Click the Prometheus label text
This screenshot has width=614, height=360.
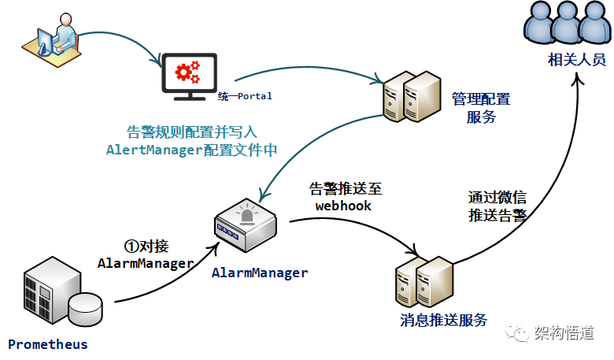[48, 344]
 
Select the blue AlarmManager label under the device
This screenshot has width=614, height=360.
[260, 273]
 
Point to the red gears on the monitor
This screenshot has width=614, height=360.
[187, 72]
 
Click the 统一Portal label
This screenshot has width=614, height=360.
[245, 96]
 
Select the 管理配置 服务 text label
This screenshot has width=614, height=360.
[480, 108]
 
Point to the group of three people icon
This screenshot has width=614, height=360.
[567, 24]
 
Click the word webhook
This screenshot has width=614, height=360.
[343, 206]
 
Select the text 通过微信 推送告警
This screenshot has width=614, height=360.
[497, 206]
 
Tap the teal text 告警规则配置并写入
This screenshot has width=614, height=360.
[192, 132]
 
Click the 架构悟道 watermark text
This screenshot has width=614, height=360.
[563, 333]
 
